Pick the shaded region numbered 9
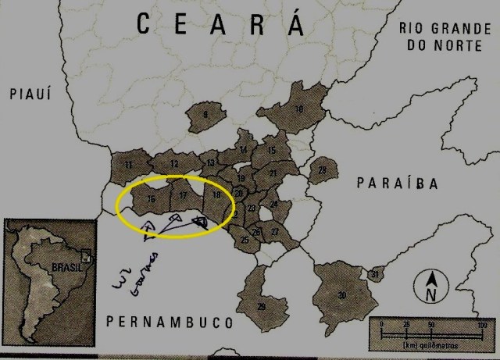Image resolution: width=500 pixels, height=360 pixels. (x=205, y=116)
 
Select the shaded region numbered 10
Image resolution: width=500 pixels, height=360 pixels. (x=298, y=109)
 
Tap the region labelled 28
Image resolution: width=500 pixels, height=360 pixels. (x=322, y=169)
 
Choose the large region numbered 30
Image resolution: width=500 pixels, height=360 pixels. (x=341, y=293)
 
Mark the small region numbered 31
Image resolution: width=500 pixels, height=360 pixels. (x=376, y=274)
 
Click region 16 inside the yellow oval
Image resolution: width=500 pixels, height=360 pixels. (x=150, y=199)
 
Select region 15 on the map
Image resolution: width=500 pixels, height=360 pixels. (x=272, y=150)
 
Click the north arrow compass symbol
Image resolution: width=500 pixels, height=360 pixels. (x=430, y=286)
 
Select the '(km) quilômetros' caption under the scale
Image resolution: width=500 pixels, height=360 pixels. (x=427, y=344)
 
